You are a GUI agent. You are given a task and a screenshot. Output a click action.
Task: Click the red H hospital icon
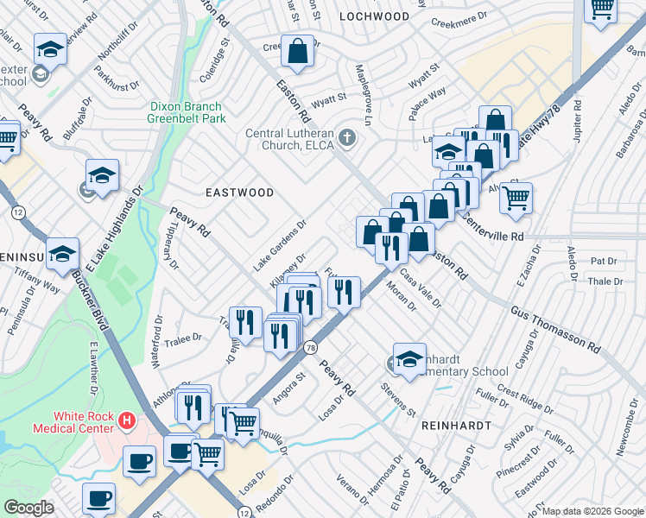(127, 421)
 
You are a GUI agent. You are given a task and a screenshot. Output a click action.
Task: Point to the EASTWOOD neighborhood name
(239, 193)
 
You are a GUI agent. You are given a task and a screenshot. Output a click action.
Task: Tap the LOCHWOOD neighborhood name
(374, 16)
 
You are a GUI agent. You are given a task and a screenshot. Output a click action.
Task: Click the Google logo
(29, 507)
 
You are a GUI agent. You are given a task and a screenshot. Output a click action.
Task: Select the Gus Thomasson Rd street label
(555, 326)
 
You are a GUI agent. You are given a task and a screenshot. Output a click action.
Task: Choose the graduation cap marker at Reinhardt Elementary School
(409, 359)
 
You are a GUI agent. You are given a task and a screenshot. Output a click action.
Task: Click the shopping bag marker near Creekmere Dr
(297, 51)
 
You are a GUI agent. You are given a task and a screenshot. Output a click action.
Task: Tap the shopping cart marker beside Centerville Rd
(516, 198)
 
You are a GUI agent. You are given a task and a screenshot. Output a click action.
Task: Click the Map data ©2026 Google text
(592, 511)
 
